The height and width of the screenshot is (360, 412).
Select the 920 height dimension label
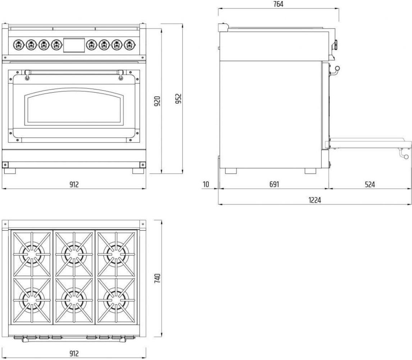157,102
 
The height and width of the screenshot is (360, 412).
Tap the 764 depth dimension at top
278,4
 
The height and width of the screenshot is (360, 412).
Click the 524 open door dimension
370,184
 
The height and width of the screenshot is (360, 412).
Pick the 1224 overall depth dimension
315,200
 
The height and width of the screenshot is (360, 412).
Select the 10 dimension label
206,184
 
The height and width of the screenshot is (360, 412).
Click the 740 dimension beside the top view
157,278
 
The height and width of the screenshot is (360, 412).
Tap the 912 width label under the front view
74,184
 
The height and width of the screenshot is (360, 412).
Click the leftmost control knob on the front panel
18,45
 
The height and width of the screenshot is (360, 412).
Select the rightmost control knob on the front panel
129,45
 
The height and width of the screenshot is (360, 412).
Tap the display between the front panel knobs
74,45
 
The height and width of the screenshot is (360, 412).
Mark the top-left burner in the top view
32,254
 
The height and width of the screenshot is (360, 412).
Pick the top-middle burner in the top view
74,254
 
